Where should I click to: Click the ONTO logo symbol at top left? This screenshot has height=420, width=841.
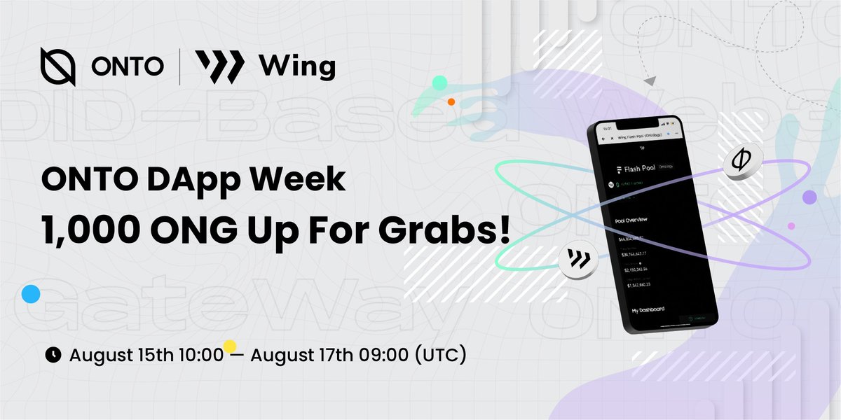pyautogui.click(x=58, y=67)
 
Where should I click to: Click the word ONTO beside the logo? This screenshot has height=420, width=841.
pyautogui.click(x=128, y=67)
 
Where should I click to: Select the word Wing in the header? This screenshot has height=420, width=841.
pyautogui.click(x=297, y=68)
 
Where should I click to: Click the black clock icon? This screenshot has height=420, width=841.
pyautogui.click(x=53, y=355)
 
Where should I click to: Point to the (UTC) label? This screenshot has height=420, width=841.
pyautogui.click(x=440, y=355)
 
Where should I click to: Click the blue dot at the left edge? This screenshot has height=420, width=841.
pyautogui.click(x=30, y=294)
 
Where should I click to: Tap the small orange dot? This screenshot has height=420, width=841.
pyautogui.click(x=451, y=101)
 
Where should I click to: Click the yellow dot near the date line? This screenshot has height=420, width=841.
pyautogui.click(x=229, y=346)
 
